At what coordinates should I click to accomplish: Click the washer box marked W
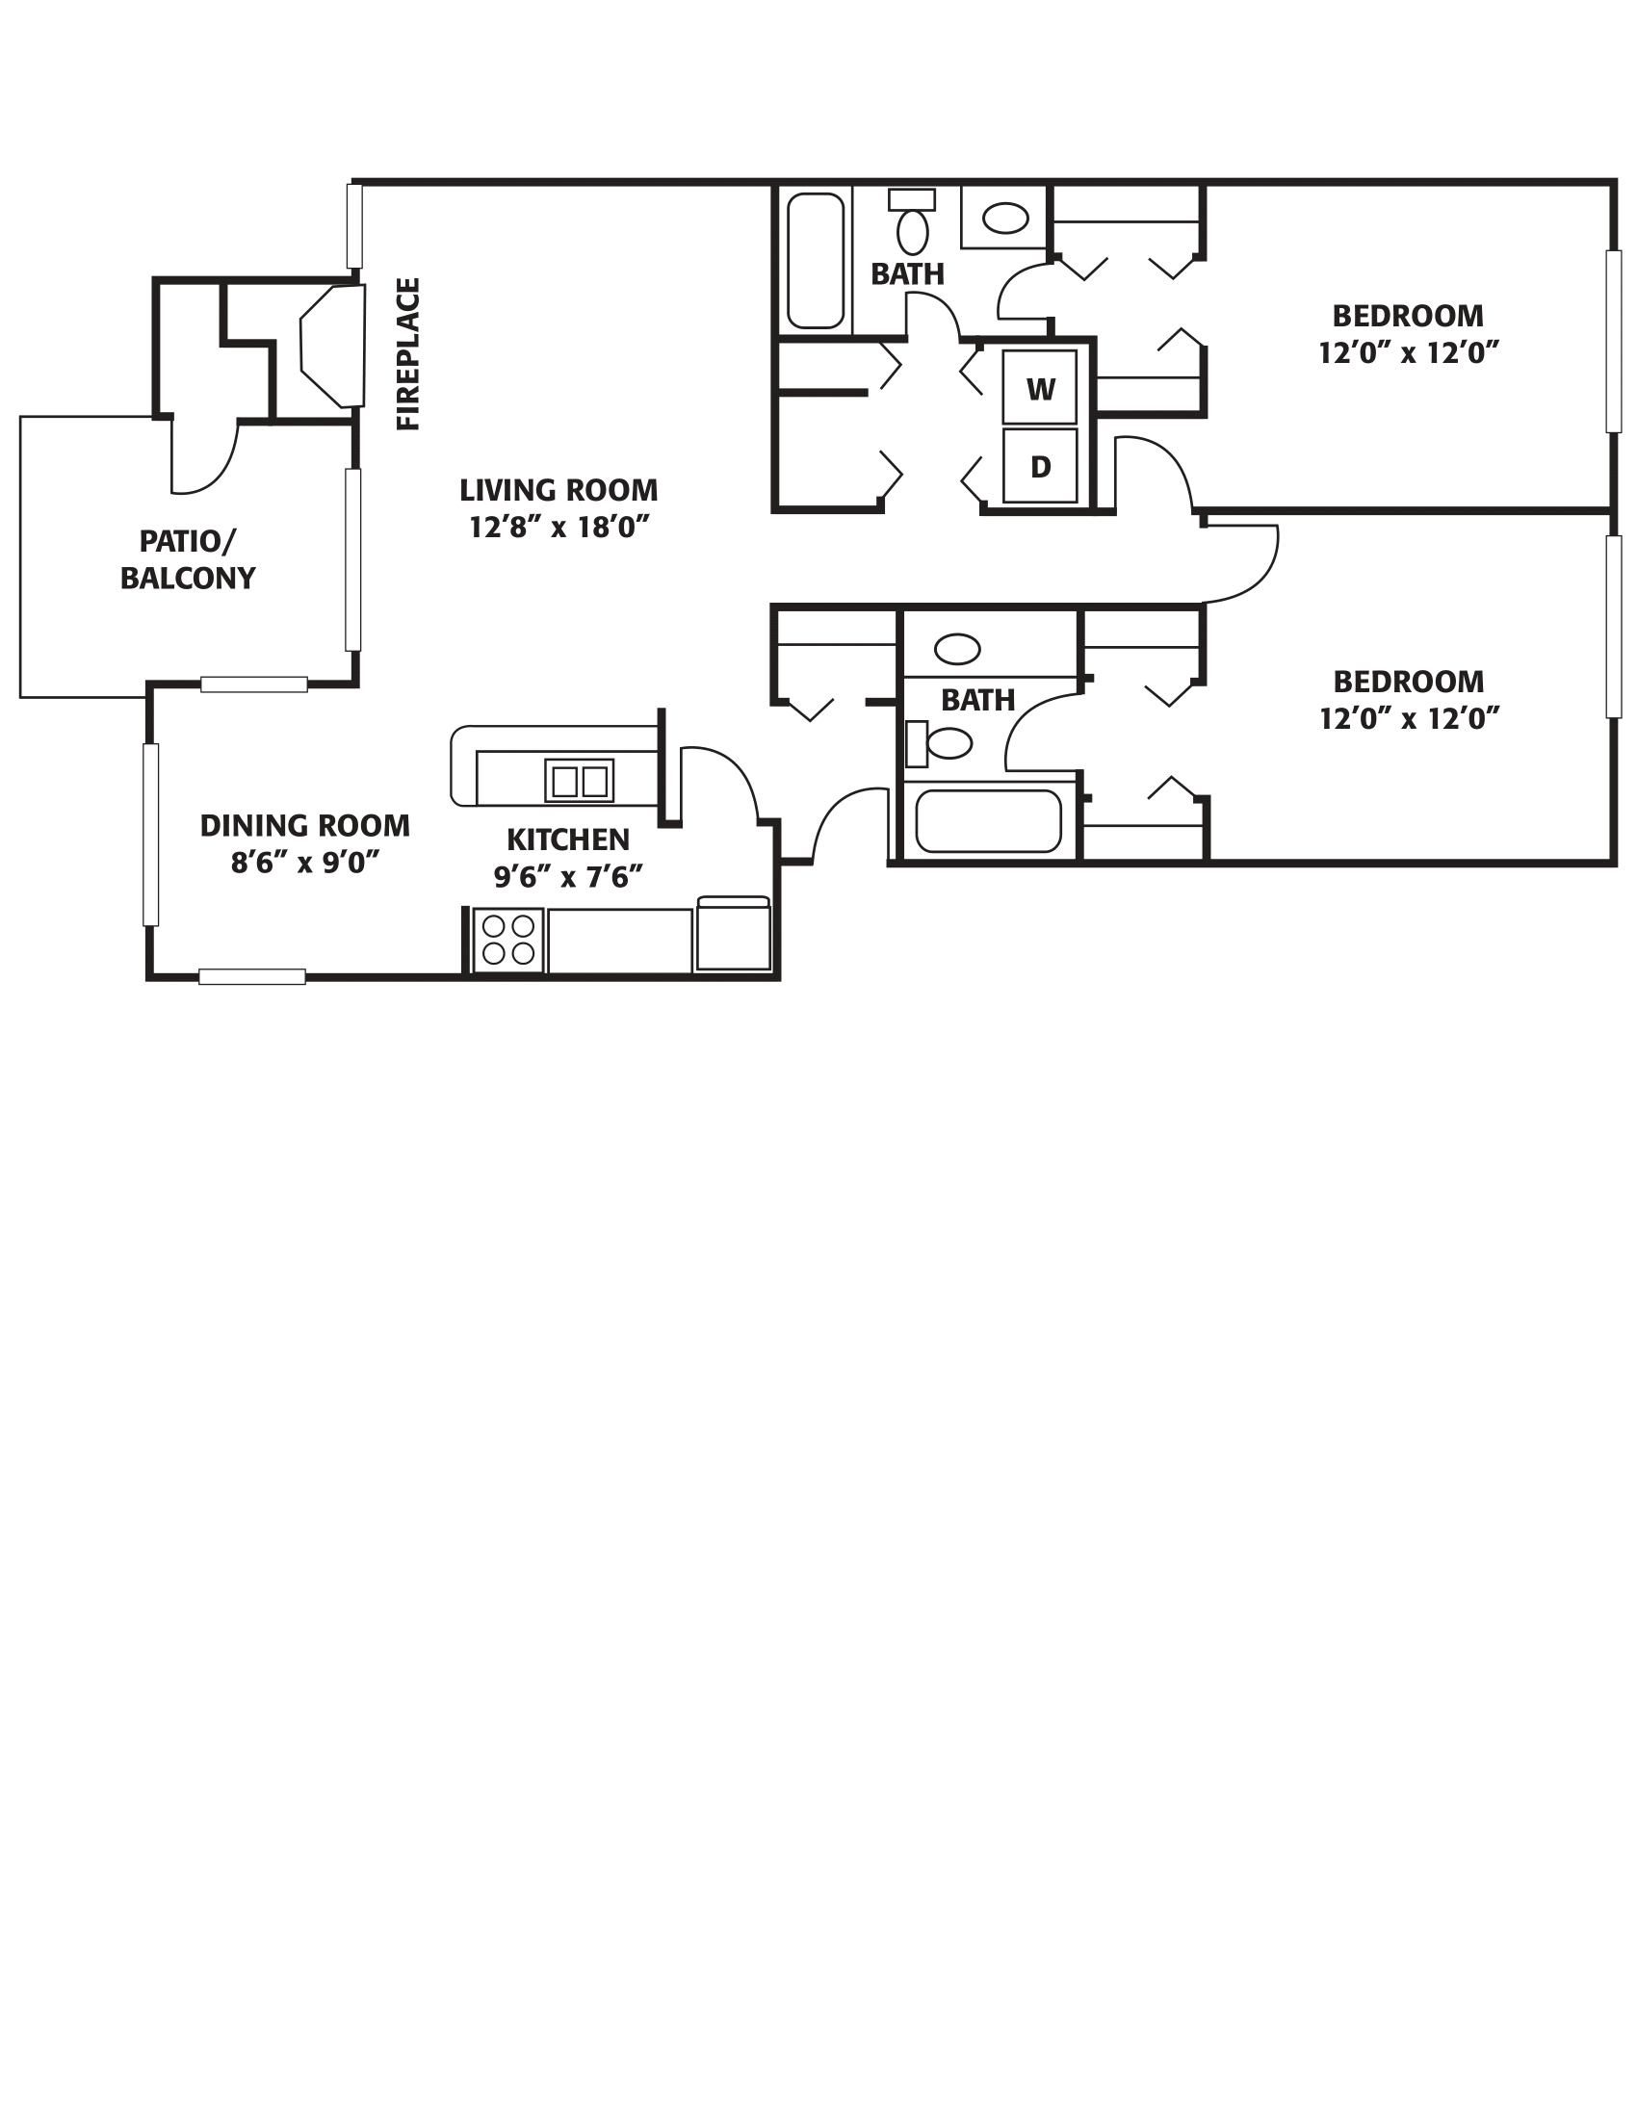[x=1040, y=389]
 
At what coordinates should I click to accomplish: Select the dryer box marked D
[x=1040, y=467]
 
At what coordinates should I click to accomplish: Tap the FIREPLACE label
[x=408, y=354]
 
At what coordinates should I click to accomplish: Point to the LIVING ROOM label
[x=559, y=490]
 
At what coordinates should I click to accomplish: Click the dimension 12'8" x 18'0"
[x=559, y=527]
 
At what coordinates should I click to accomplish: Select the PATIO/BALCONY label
[x=187, y=558]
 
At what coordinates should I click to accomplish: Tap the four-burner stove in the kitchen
[x=507, y=940]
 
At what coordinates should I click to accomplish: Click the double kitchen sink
[x=579, y=781]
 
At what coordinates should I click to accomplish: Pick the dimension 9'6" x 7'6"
[x=568, y=877]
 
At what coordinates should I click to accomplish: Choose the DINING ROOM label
[x=304, y=825]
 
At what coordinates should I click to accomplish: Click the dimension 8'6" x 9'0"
[x=304, y=863]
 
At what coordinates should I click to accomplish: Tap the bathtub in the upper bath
[x=815, y=260]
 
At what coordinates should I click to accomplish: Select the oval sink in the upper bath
[x=1004, y=219]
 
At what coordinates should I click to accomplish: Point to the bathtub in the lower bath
[x=988, y=821]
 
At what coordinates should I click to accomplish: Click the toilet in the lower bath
[x=941, y=744]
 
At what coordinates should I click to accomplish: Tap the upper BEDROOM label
[x=1407, y=316]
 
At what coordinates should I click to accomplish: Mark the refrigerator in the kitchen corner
[x=733, y=935]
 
